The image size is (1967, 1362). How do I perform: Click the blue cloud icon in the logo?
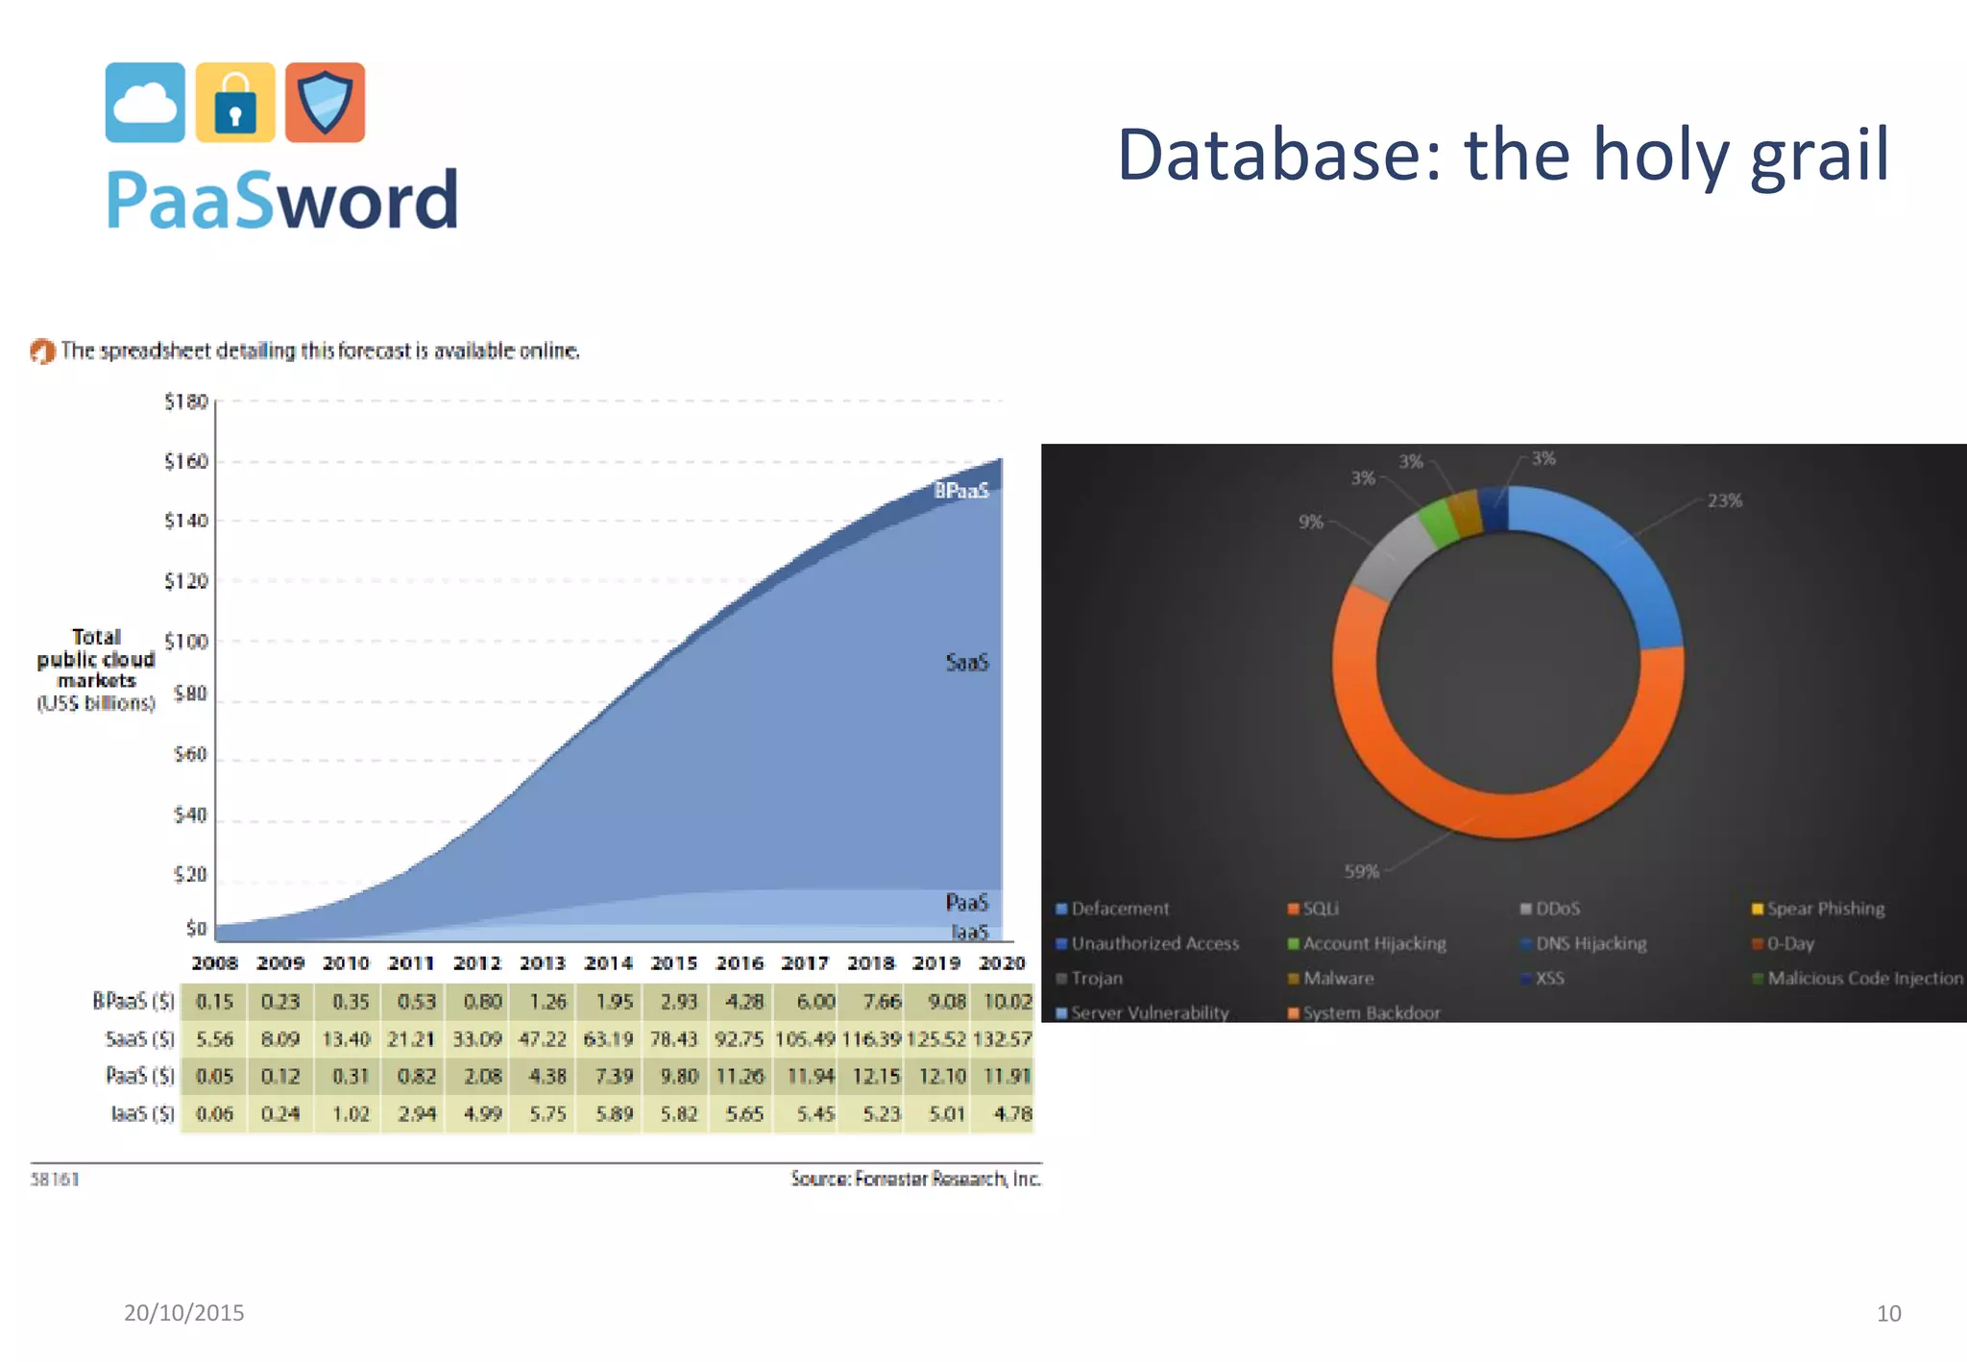click(x=145, y=103)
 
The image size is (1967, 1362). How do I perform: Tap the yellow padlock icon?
click(x=235, y=103)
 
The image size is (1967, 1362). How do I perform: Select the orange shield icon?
click(x=325, y=103)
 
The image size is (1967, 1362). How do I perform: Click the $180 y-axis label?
click(x=186, y=401)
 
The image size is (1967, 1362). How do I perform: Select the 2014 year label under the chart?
click(x=608, y=962)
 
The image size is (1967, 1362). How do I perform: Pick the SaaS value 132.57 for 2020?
click(x=1002, y=1038)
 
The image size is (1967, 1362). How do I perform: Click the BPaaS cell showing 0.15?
click(x=214, y=1002)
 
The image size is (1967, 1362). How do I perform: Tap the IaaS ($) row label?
click(x=142, y=1113)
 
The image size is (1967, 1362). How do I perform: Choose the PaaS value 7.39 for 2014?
click(x=614, y=1076)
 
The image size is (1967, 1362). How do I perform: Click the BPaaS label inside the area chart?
click(x=961, y=491)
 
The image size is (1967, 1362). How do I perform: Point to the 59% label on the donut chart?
click(x=1361, y=871)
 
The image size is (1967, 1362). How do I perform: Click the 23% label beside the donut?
click(x=1724, y=500)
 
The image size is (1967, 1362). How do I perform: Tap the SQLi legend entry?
click(x=1320, y=909)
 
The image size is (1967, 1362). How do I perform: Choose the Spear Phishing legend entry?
click(x=1824, y=909)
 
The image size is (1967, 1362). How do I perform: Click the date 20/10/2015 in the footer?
click(x=184, y=1313)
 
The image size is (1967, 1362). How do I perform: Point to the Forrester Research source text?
click(x=915, y=1179)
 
